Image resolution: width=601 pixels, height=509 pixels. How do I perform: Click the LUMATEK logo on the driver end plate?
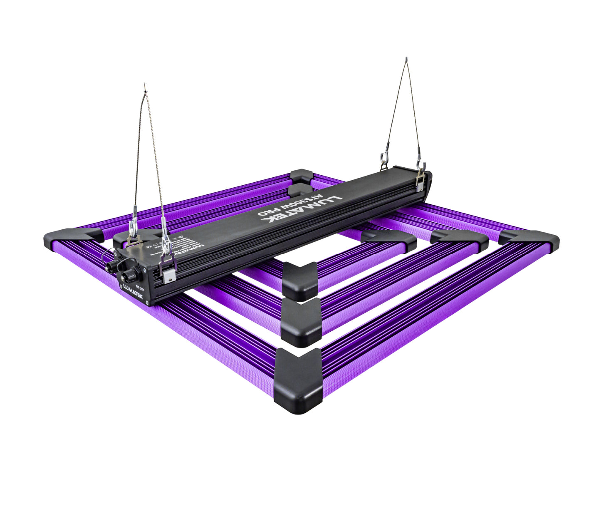132,292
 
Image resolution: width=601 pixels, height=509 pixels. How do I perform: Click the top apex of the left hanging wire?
145,87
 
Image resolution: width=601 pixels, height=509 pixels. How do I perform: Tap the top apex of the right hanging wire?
406,60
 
